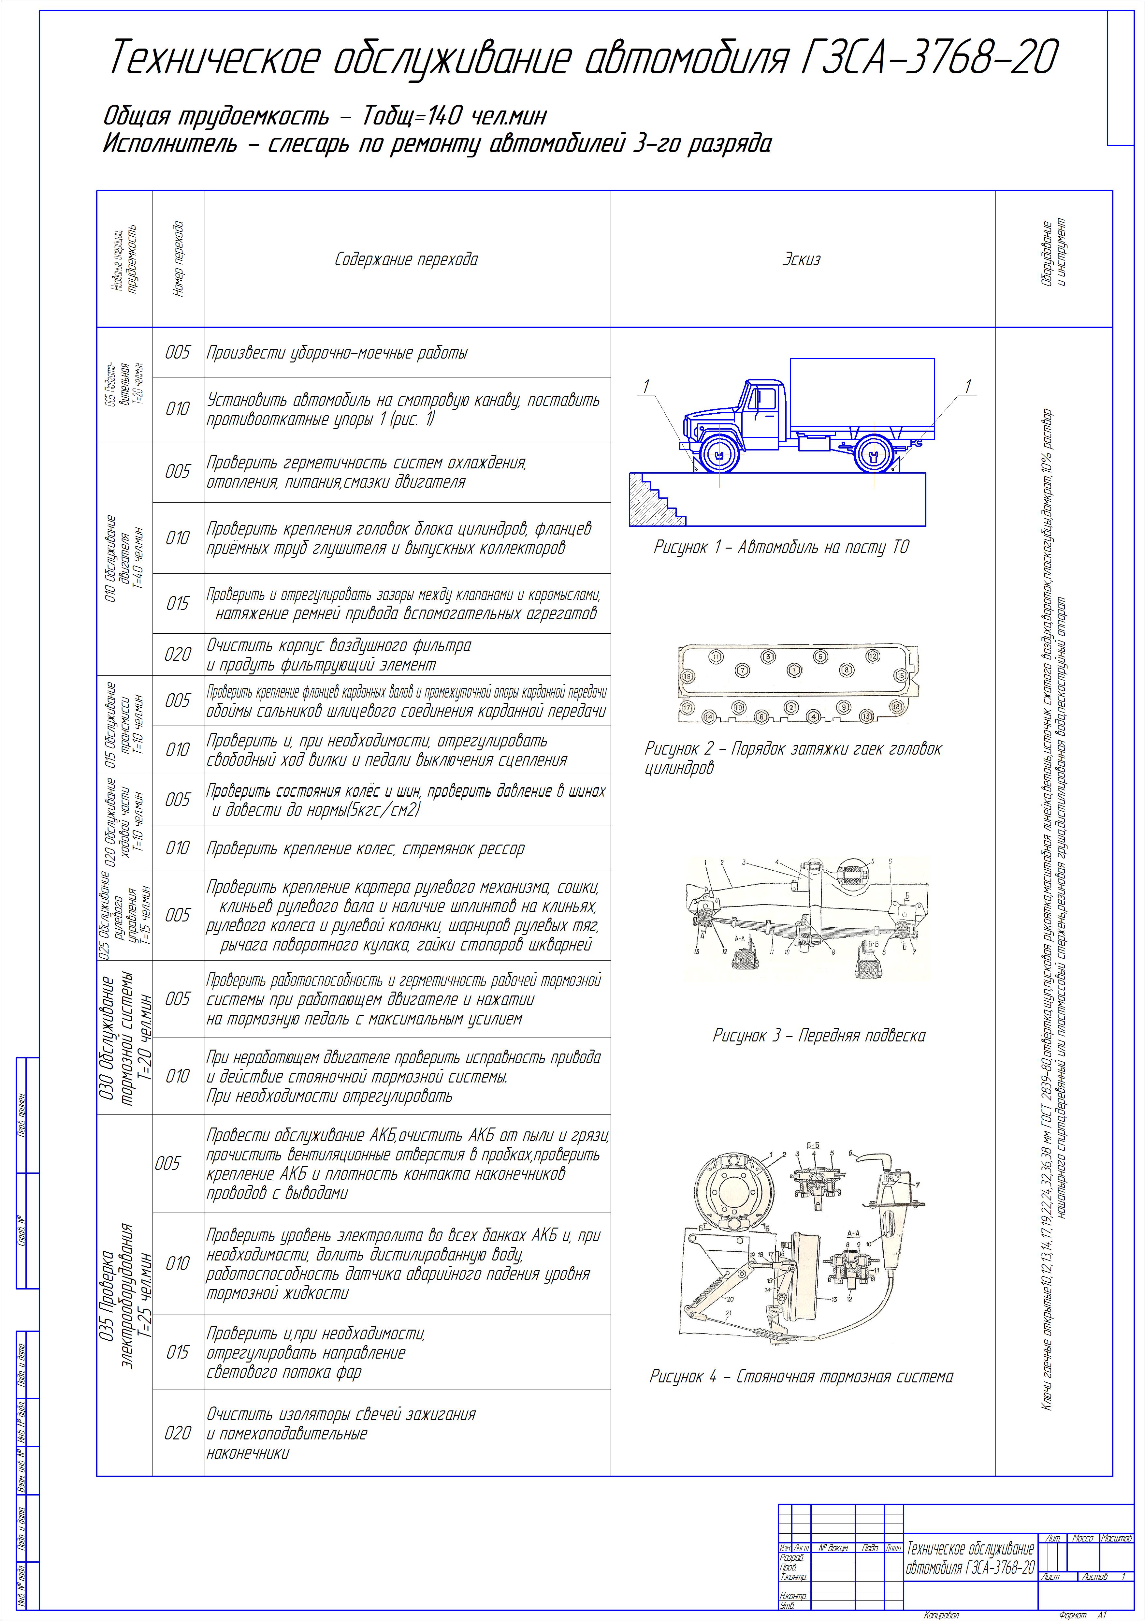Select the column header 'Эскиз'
tap(801, 260)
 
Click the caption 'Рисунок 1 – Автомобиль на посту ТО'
tap(781, 547)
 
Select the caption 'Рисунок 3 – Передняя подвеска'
tap(819, 1036)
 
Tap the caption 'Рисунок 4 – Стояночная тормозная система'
tap(801, 1376)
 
